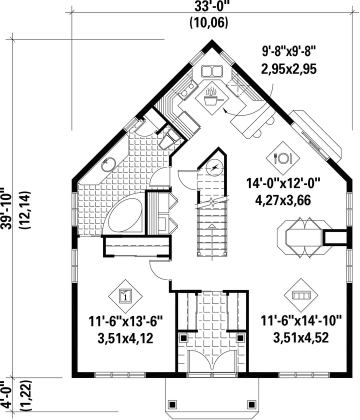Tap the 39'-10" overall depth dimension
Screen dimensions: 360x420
tap(7, 208)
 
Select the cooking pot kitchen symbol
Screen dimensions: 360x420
tap(212, 98)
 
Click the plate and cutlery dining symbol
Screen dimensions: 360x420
tap(283, 158)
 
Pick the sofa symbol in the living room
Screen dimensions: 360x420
tap(301, 295)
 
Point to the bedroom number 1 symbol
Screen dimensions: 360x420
tap(125, 295)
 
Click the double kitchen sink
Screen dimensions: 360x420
tap(212, 71)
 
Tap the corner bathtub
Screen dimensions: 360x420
tap(123, 216)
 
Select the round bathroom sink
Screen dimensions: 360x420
tap(108, 164)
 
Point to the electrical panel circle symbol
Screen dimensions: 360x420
tap(214, 167)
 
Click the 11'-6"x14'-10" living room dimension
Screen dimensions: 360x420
tap(301, 320)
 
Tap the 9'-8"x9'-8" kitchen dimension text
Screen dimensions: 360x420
tap(289, 51)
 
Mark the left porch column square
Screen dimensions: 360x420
tap(172, 404)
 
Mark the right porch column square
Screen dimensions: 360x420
tap(251, 404)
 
